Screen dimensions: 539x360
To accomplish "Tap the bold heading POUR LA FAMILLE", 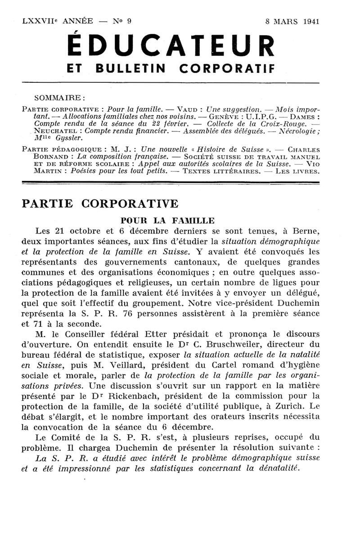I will [x=167, y=220].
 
